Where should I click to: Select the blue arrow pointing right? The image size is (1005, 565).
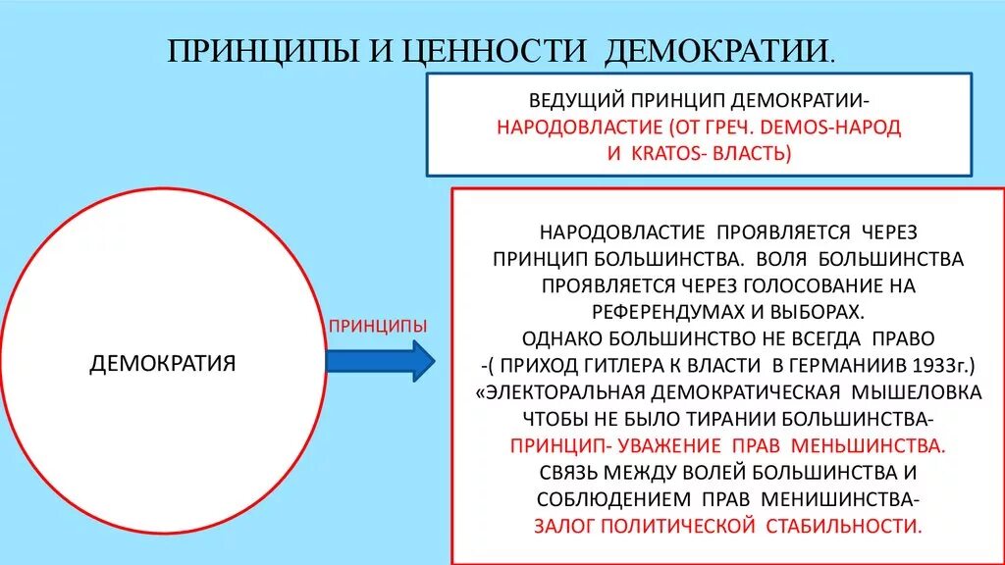point(379,361)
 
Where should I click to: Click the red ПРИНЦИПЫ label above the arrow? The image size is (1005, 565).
point(378,325)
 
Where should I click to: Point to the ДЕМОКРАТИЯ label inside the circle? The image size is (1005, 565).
point(163,364)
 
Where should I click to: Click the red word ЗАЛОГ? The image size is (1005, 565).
point(566,525)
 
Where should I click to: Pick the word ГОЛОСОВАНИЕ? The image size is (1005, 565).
point(788,285)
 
